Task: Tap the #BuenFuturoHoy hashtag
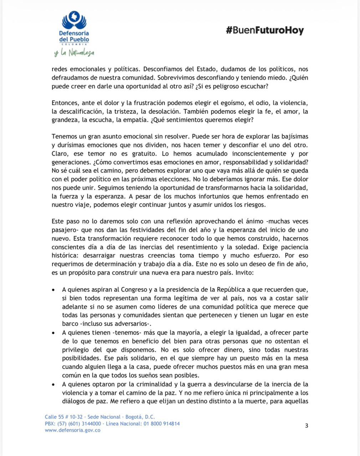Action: coord(264,30)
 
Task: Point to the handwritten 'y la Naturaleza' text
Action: coord(74,53)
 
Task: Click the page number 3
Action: coord(307,425)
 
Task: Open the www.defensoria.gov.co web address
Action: coord(72,430)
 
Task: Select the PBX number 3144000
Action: coord(91,424)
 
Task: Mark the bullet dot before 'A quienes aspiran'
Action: coord(53,290)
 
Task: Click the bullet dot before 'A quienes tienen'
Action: coord(53,333)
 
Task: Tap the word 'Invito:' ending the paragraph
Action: coord(243,273)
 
